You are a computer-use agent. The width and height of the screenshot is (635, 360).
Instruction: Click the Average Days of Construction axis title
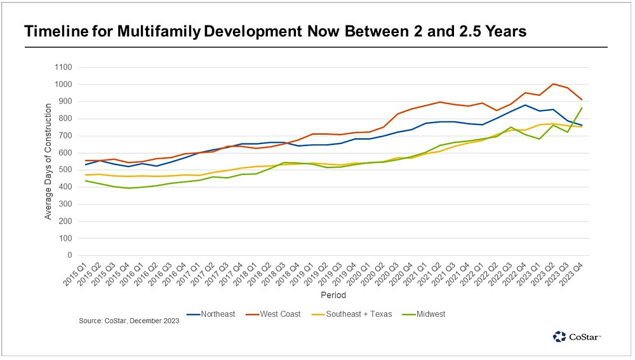[48, 161]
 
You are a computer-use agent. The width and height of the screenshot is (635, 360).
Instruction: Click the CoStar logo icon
[559, 337]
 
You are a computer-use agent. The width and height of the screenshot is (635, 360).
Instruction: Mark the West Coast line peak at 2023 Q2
[554, 84]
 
